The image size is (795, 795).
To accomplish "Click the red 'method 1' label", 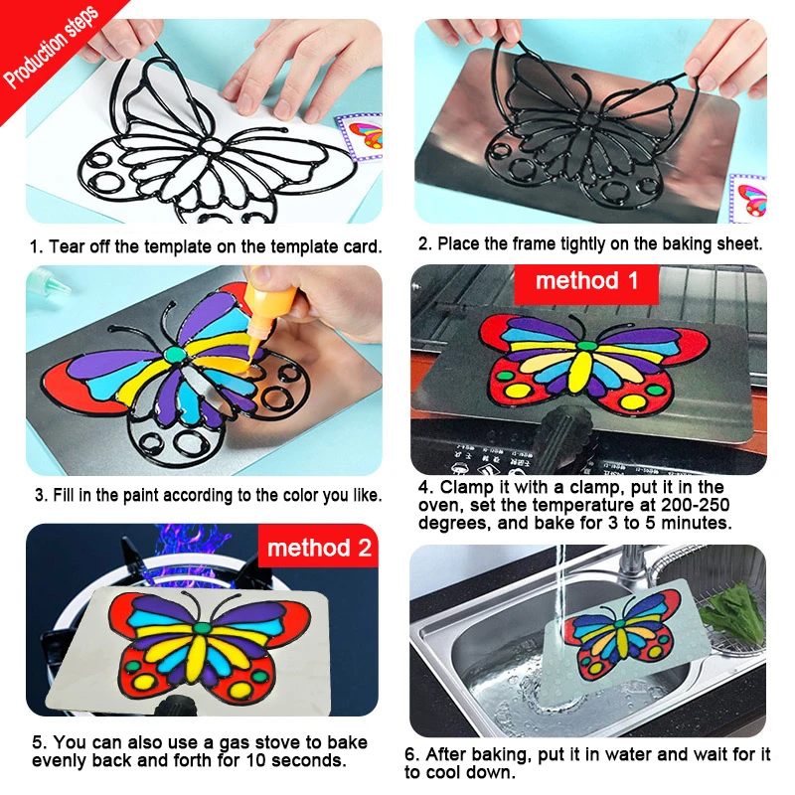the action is pyautogui.click(x=586, y=282).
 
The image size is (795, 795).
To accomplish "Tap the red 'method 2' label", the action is pyautogui.click(x=318, y=548).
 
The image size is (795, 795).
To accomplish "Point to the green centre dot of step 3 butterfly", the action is pyautogui.click(x=175, y=354).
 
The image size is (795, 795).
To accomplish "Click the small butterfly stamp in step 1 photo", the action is pyautogui.click(x=359, y=137).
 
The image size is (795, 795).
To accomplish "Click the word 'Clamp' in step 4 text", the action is pyautogui.click(x=466, y=487).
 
